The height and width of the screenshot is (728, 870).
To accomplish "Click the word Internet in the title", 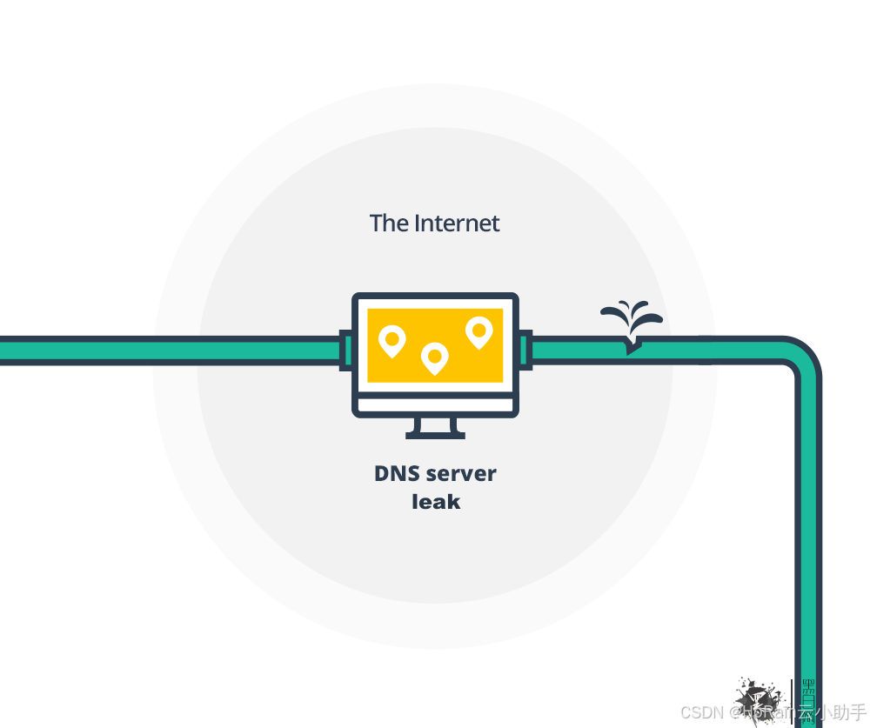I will click(457, 224).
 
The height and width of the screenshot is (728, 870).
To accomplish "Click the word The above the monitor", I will click(388, 224).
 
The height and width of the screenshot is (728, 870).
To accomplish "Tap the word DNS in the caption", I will click(397, 474).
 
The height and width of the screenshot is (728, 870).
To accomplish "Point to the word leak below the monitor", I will click(435, 502).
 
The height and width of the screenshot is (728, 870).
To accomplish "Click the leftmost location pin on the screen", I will click(392, 340).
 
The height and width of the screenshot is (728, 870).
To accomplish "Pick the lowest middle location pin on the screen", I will click(434, 357).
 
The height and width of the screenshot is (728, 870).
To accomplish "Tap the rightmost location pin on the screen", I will click(478, 331).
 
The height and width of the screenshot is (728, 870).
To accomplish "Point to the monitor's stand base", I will click(435, 434).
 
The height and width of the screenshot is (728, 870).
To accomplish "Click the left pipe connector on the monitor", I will click(346, 350).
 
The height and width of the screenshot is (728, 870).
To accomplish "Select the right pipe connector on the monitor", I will click(525, 350).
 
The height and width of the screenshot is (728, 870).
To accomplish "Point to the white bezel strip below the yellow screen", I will click(435, 403).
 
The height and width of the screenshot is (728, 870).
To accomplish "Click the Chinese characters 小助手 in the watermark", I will click(840, 712).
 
